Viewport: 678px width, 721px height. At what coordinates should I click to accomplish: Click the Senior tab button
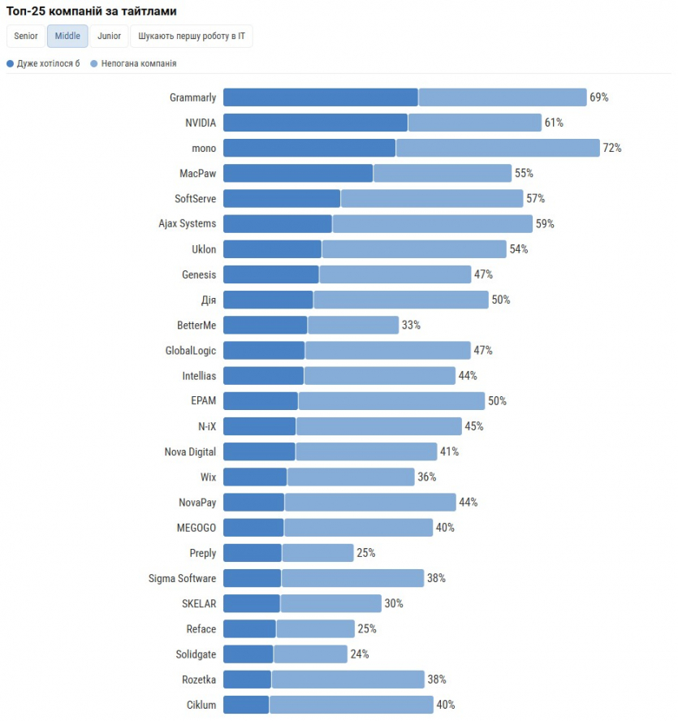(25, 37)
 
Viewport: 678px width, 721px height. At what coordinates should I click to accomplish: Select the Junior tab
(110, 37)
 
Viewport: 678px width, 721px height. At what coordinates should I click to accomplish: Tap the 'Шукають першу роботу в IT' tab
(192, 37)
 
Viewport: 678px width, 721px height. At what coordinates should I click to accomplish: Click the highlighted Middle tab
(67, 37)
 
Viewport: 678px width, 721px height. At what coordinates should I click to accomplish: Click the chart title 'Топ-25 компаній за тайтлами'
(92, 11)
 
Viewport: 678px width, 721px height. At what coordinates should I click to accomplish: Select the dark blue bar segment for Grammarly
(321, 97)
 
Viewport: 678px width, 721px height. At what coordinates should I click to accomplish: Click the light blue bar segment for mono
(498, 148)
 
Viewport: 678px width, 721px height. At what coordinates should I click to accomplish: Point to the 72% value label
(612, 148)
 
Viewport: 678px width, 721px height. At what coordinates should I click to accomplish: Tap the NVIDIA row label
(201, 123)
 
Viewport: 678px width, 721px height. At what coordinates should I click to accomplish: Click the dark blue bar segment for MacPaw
(298, 173)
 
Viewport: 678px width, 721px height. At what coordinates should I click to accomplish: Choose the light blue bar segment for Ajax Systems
(432, 223)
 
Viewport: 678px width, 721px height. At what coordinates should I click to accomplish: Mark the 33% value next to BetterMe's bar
(411, 325)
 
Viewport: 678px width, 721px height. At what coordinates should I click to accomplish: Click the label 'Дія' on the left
(209, 300)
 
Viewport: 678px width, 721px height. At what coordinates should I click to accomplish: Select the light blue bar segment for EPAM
(391, 401)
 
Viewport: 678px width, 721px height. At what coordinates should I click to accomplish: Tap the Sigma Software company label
(182, 578)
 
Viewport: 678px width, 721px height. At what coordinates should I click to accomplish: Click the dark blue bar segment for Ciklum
(246, 705)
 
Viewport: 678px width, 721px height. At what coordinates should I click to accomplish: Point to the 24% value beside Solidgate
(360, 654)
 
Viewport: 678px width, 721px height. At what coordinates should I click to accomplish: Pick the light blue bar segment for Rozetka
(348, 680)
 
